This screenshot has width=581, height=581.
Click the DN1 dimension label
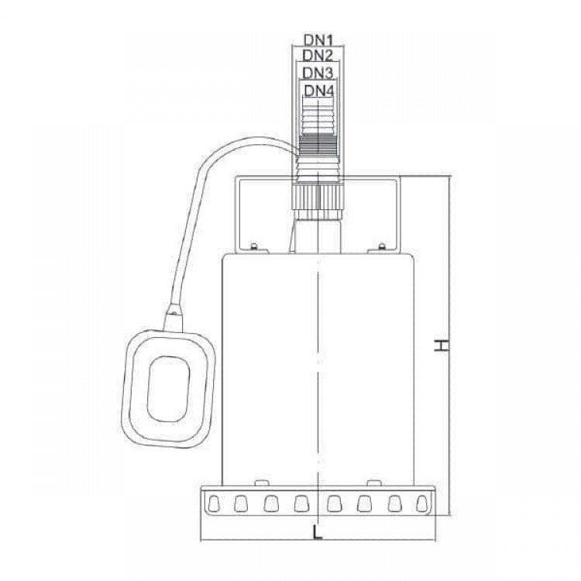click(318, 40)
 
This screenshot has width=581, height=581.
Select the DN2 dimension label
click(318, 56)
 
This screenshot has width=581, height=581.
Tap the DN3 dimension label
click(318, 73)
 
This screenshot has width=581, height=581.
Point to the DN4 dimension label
click(319, 91)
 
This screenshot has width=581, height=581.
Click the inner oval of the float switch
click(169, 389)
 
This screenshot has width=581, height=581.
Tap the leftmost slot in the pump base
click(214, 504)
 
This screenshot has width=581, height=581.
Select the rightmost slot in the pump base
click(422, 504)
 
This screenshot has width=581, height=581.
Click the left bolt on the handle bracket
click(254, 246)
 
